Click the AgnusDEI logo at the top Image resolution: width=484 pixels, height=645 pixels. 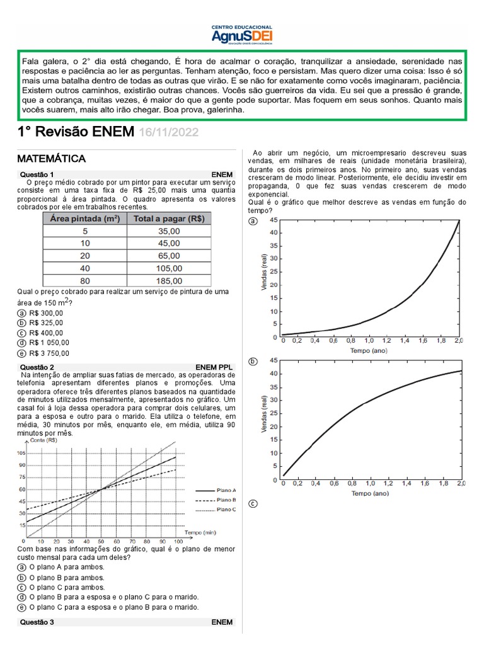point(242,35)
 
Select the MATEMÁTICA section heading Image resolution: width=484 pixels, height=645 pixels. point(52,158)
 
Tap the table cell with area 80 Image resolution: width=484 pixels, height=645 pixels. point(85,281)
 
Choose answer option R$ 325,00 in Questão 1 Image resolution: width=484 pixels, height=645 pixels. point(46,323)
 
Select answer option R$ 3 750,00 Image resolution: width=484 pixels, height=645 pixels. point(49,353)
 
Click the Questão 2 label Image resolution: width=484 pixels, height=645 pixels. point(37,367)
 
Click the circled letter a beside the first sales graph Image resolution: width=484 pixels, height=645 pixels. point(253,222)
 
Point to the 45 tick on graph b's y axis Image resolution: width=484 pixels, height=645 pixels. point(274,360)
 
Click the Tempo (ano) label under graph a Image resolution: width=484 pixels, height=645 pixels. point(369,350)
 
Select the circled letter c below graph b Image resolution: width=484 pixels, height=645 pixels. point(253,504)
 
